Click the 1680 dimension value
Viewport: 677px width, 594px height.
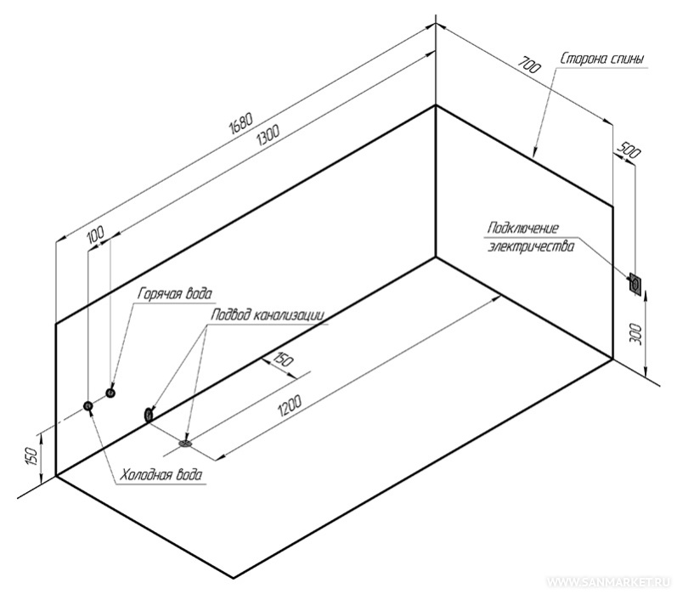tap(241, 123)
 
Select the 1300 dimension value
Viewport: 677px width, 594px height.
tap(268, 134)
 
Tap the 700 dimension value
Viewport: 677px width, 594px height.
tap(529, 65)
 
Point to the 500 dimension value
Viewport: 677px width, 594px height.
tap(629, 150)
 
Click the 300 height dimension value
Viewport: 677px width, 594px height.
tap(636, 334)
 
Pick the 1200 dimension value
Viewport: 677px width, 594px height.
tap(289, 405)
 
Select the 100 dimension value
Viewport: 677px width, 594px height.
tap(96, 235)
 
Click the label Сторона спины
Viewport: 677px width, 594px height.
tap(603, 59)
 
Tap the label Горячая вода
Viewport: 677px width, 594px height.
tap(174, 294)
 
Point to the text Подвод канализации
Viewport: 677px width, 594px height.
tap(268, 315)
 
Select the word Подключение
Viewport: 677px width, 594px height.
tap(523, 228)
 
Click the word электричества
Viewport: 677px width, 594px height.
tap(531, 247)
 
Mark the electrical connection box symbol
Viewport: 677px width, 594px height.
tap(635, 283)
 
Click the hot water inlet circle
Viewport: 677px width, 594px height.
tap(110, 393)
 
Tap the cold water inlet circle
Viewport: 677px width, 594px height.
tap(88, 405)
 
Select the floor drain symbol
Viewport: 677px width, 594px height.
tap(186, 443)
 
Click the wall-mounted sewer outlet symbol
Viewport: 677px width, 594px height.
tap(148, 415)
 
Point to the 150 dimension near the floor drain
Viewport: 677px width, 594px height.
tap(283, 359)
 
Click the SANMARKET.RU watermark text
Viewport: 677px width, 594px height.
tap(608, 581)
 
